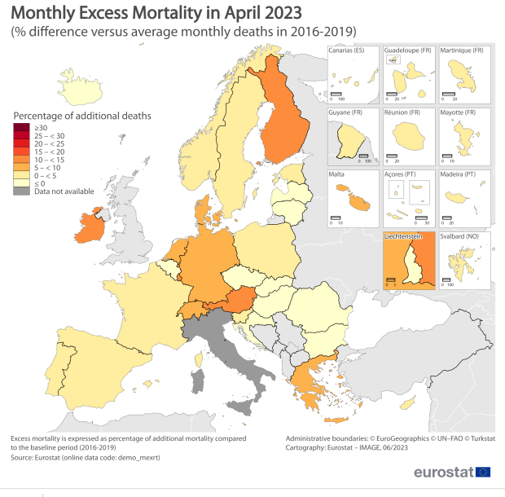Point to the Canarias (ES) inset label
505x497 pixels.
[346, 51]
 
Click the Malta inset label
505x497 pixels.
[336, 174]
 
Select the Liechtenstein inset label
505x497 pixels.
[402, 236]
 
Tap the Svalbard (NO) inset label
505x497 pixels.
[460, 236]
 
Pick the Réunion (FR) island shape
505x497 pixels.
[406, 135]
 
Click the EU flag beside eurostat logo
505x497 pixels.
[483, 472]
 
